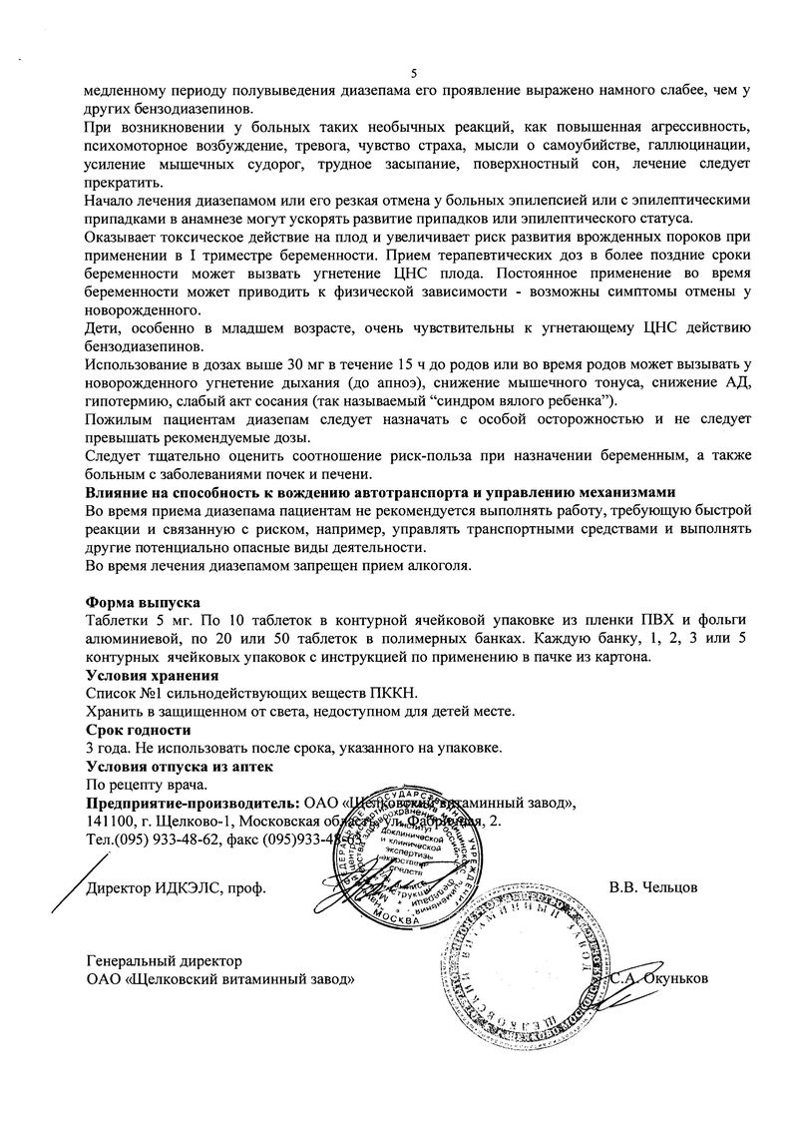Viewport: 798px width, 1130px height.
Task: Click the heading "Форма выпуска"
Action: pyautogui.click(x=143, y=602)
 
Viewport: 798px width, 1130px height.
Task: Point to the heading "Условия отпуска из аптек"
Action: pyautogui.click(x=180, y=766)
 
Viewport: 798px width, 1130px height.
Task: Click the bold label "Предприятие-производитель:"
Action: pyautogui.click(x=192, y=803)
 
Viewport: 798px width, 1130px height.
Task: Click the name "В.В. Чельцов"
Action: pyautogui.click(x=653, y=887)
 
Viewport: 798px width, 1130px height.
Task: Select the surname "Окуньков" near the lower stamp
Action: pyautogui.click(x=676, y=978)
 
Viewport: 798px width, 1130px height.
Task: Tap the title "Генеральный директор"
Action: pyautogui.click(x=164, y=960)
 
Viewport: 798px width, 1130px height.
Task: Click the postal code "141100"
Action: pyautogui.click(x=110, y=821)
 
